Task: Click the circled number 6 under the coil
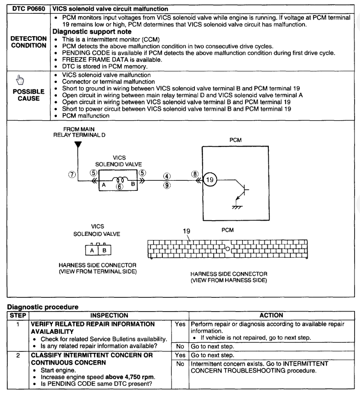120,187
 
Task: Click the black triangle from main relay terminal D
78,145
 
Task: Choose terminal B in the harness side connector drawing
104,250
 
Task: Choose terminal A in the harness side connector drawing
92,250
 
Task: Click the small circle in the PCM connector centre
227,250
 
